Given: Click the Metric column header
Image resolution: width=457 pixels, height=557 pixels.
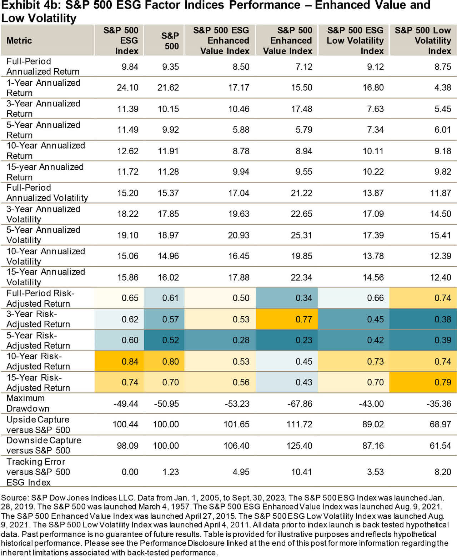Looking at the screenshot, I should click(x=19, y=41).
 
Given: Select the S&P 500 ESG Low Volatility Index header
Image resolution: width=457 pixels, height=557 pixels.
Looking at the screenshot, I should click(x=355, y=41).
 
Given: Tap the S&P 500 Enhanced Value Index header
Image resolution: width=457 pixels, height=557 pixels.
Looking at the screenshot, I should click(x=287, y=41).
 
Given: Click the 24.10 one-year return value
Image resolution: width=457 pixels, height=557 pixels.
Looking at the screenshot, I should click(x=127, y=87).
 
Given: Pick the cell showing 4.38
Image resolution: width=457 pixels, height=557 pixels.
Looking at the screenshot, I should click(x=443, y=87).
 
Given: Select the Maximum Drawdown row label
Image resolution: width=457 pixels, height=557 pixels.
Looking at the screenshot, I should click(x=28, y=403).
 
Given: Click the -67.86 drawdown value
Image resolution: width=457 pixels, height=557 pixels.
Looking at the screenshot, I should click(x=300, y=404).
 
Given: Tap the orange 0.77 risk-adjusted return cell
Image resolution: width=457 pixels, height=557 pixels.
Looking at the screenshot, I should click(x=303, y=319).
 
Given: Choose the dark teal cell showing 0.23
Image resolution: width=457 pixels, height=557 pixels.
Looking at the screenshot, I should click(x=303, y=340).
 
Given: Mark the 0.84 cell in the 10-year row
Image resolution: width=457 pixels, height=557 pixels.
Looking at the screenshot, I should click(x=130, y=361).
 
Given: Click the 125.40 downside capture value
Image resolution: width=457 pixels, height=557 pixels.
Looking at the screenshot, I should click(x=299, y=446).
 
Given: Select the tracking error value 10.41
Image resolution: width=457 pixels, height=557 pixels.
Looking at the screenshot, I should click(x=301, y=472).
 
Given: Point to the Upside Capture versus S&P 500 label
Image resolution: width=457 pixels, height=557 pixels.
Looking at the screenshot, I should click(x=38, y=425).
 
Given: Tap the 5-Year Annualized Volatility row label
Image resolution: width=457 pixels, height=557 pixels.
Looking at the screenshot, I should click(x=43, y=235).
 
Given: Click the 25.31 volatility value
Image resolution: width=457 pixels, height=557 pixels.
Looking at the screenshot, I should click(x=301, y=235).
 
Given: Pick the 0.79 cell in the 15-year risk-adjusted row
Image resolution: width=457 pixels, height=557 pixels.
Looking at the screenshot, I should click(x=443, y=382).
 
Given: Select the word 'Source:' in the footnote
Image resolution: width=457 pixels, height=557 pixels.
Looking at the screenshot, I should click(x=15, y=498).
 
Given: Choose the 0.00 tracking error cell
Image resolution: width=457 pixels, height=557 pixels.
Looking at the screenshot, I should click(x=130, y=472).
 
